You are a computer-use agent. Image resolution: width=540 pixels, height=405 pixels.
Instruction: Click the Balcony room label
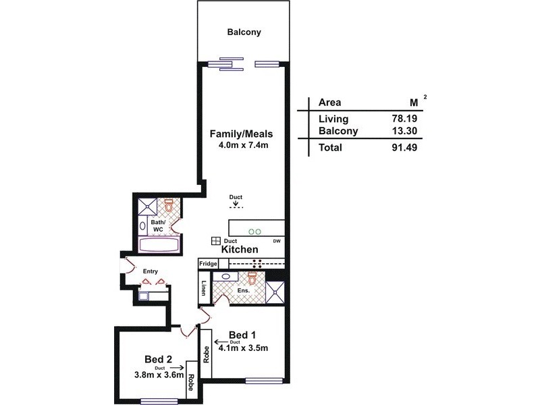(x=244, y=32)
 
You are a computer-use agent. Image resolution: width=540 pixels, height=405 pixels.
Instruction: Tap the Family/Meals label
(x=241, y=133)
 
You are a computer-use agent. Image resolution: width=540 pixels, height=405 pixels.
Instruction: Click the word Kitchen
(x=240, y=249)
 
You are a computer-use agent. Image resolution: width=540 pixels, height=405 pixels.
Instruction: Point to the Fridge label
(x=207, y=264)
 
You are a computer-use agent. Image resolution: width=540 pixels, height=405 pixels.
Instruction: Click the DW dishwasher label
(x=277, y=241)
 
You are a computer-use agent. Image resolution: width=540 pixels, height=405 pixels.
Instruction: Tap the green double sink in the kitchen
(x=254, y=232)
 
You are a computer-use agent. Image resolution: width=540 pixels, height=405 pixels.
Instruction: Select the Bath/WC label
(x=157, y=225)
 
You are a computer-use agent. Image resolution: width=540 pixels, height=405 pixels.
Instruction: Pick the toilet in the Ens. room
(x=252, y=277)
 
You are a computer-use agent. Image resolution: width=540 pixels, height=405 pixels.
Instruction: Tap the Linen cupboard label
(x=203, y=289)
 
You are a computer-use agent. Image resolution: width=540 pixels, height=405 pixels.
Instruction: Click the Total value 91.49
(x=402, y=147)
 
